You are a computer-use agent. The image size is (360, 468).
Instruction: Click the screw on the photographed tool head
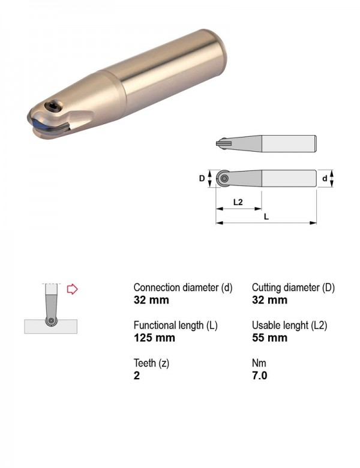[53, 106]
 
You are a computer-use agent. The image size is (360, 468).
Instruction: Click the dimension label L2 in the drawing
[238, 202]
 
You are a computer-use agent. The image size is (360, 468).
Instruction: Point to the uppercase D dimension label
[202, 178]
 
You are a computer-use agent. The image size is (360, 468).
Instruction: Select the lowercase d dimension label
[325, 178]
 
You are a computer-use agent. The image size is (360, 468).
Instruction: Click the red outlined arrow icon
[72, 289]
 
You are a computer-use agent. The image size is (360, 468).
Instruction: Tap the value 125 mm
[154, 338]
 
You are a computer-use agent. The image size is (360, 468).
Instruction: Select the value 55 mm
[269, 338]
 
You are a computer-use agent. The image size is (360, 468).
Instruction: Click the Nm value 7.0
[259, 375]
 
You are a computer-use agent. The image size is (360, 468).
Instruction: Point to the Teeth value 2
[137, 375]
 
